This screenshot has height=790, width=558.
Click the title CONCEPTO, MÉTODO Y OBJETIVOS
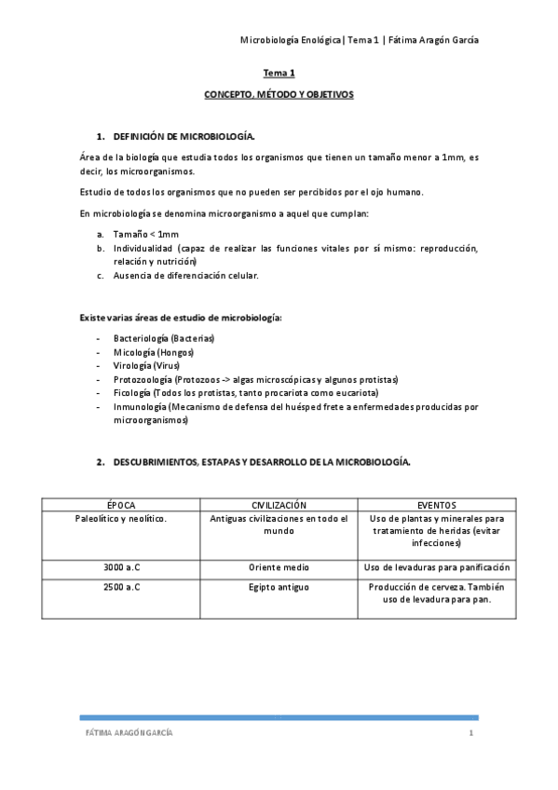pos(279,95)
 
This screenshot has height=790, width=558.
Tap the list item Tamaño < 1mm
pos(146,233)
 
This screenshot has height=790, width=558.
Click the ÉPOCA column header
pos(121,505)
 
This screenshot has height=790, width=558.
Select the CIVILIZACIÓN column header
pos(279,505)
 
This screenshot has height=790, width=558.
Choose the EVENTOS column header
pos(436,505)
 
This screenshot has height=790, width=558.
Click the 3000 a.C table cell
pos(121,567)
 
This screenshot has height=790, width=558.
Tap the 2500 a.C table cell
pos(121,588)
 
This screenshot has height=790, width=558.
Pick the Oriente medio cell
pos(279,567)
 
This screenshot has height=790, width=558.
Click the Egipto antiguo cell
pos(279,588)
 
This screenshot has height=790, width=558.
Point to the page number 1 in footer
pos(471,733)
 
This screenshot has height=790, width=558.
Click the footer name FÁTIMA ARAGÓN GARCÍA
pos(129,733)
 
